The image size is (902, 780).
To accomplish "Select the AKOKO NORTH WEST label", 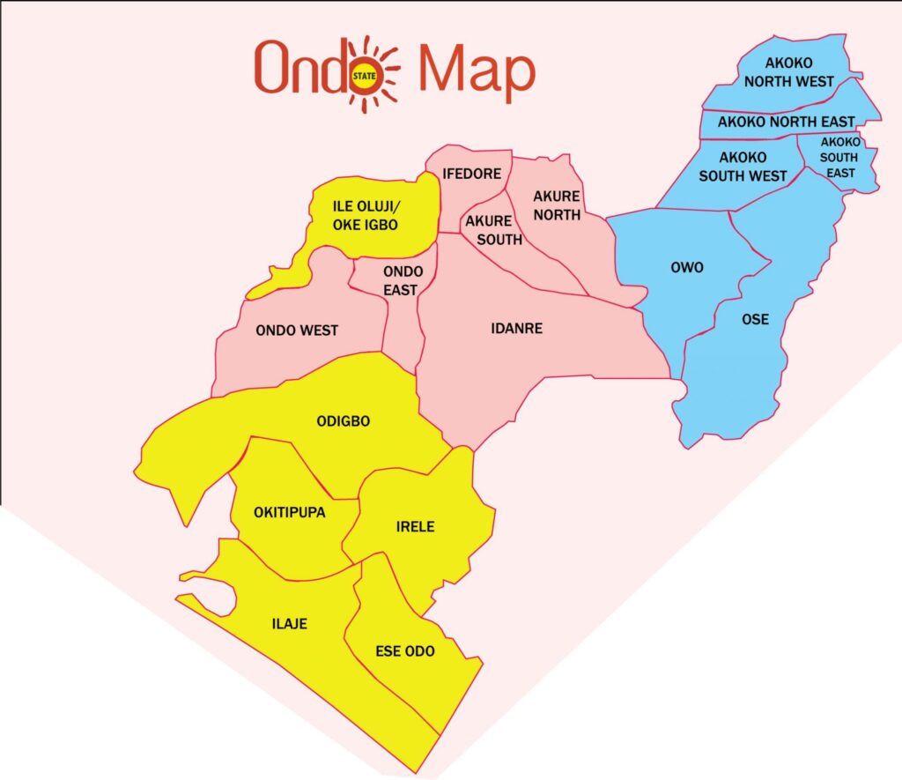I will (788, 72).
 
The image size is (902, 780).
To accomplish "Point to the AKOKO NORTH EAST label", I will (786, 122).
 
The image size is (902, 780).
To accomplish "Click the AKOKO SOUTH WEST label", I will (743, 167).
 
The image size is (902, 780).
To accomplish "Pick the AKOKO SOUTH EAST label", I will (839, 157).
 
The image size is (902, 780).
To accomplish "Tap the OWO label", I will (687, 267).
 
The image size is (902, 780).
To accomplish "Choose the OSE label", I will (755, 319).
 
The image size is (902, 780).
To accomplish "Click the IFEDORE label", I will (472, 174).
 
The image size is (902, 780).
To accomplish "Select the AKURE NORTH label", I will (556, 205).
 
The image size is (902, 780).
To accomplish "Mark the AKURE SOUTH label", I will (493, 229).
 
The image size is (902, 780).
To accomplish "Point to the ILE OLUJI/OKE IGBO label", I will (366, 216).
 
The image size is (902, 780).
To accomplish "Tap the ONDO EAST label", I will (403, 280).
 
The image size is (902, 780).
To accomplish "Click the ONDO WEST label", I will (297, 331).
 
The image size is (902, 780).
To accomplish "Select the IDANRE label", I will (516, 329).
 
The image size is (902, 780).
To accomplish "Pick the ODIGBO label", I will (343, 421).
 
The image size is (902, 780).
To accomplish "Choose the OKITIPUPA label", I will (277, 513).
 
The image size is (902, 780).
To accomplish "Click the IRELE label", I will (415, 527).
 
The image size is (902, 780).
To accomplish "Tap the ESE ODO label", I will (405, 651).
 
